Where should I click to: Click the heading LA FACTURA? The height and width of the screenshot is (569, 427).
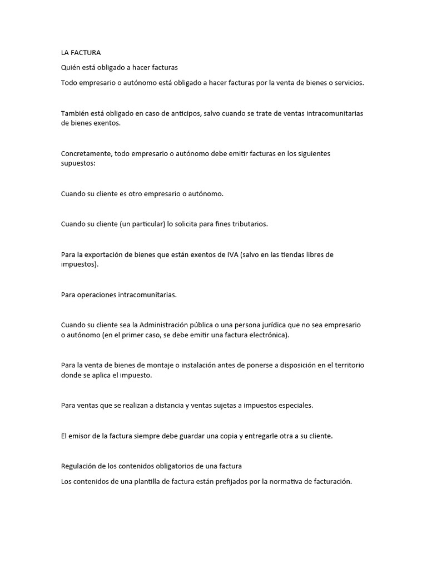(x=81, y=53)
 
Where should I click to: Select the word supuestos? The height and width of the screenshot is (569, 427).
(x=77, y=164)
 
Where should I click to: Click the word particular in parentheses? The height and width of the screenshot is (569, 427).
(x=146, y=224)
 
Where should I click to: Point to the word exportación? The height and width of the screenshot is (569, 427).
(x=103, y=255)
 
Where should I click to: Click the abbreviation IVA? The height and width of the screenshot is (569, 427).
(x=231, y=255)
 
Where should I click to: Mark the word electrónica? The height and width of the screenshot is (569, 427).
(x=267, y=336)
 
